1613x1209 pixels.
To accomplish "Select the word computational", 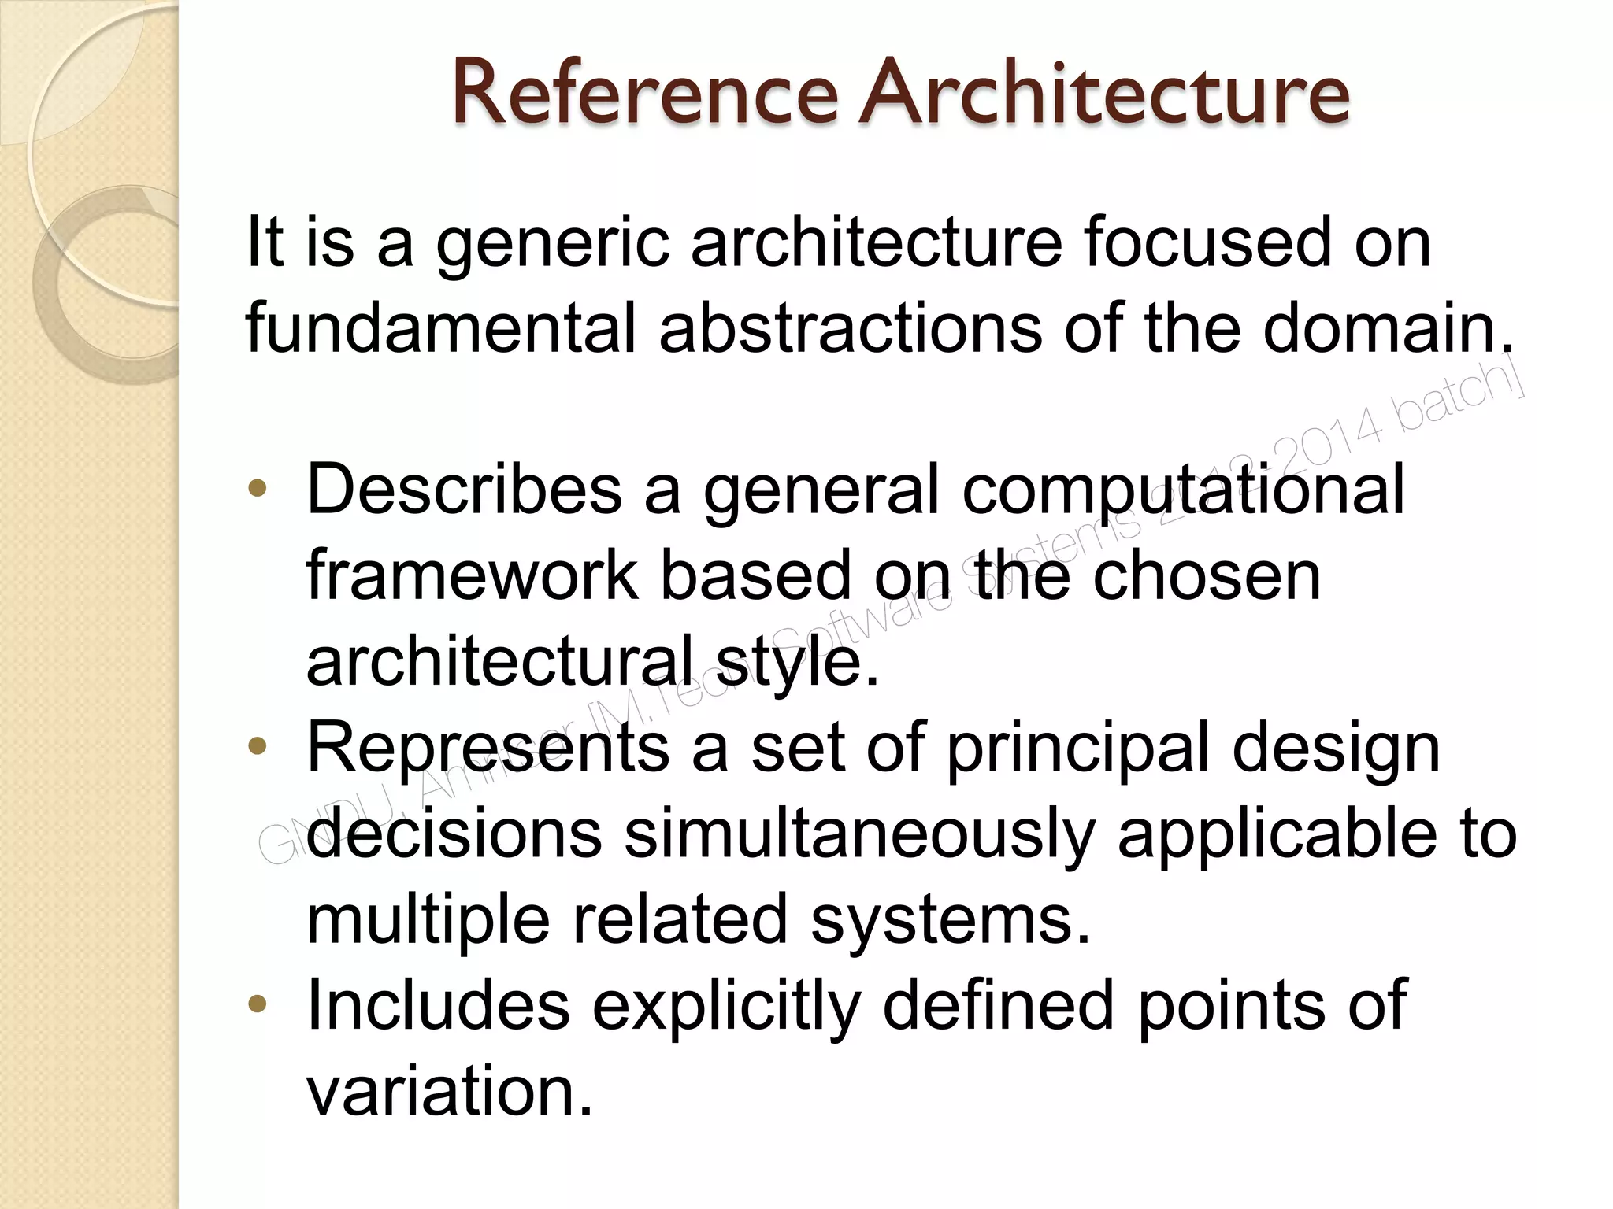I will pyautogui.click(x=1183, y=493).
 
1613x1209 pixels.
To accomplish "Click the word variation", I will pyautogui.click(x=448, y=1091).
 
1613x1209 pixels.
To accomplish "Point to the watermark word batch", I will pyautogui.click(x=1462, y=401).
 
